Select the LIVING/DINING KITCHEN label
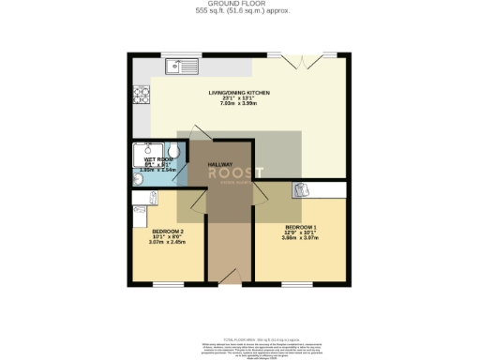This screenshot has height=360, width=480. click(239, 93)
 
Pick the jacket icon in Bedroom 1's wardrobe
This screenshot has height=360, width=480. click(301, 190)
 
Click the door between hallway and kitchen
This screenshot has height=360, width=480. click(201, 132)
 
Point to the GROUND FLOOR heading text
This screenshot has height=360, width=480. click(239, 5)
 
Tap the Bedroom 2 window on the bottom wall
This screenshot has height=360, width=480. click(168, 284)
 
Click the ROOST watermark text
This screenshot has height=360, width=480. click(235, 173)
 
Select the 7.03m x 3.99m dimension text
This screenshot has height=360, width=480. click(239, 104)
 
